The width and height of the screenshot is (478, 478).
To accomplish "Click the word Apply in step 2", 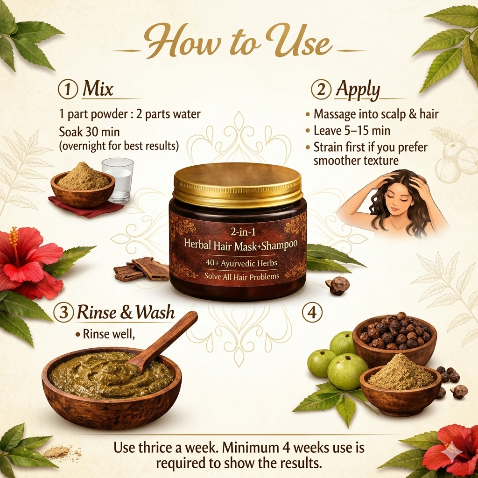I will [x=358, y=90].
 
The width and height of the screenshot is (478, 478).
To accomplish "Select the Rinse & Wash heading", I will [x=126, y=313].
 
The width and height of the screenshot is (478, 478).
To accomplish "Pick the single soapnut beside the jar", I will [x=337, y=285].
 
